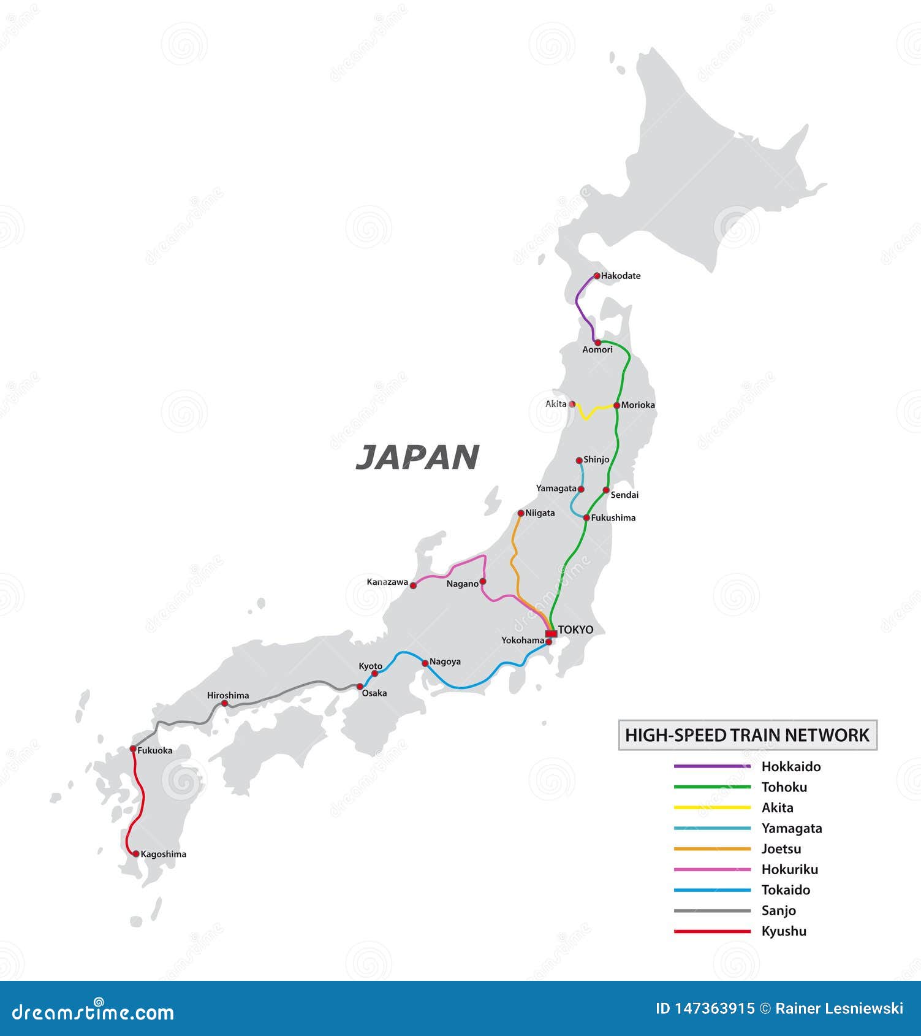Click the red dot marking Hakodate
597,276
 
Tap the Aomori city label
597,349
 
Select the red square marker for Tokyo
551,633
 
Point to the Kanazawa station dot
413,585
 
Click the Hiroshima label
228,695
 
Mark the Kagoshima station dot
136,853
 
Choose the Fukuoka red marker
133,749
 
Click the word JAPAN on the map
417,457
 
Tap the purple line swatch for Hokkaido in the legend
712,766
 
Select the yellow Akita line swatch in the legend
712,807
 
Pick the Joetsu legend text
781,849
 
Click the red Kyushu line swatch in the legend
712,931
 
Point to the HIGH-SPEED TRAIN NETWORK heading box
748,735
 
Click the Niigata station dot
521,513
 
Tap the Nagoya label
445,661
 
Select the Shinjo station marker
579,460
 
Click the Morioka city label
638,405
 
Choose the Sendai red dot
606,490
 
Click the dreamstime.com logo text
93,1013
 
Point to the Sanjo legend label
778,911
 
